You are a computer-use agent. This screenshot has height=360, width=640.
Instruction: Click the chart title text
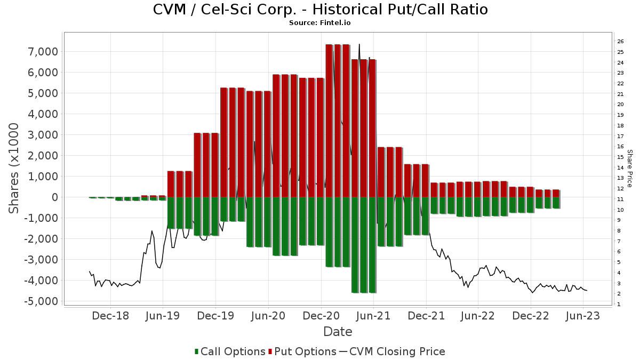pyautogui.click(x=320, y=10)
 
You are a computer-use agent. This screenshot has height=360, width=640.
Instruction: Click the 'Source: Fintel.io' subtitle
pyautogui.click(x=320, y=23)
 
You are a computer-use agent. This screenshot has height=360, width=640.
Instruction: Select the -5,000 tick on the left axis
pyautogui.click(x=42, y=301)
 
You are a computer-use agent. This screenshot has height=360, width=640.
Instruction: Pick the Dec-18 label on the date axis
pyautogui.click(x=111, y=316)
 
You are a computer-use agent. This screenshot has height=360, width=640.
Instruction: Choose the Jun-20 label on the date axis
pyautogui.click(x=268, y=316)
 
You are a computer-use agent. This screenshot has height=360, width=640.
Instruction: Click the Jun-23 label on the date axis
pyautogui.click(x=583, y=316)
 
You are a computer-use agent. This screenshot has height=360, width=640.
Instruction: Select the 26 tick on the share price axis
pyautogui.click(x=620, y=42)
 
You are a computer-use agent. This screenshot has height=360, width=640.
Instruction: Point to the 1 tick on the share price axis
pyautogui.click(x=619, y=305)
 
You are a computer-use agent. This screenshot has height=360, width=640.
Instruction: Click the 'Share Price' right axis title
pyautogui.click(x=629, y=168)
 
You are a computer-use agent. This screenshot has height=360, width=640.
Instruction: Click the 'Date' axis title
pyautogui.click(x=338, y=332)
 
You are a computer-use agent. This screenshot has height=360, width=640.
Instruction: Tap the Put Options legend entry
pyautogui.click(x=302, y=351)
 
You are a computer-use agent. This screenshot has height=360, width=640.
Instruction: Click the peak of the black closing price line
pyautogui.click(x=359, y=44)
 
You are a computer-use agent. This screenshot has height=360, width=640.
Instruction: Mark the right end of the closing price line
pyautogui.click(x=587, y=291)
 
